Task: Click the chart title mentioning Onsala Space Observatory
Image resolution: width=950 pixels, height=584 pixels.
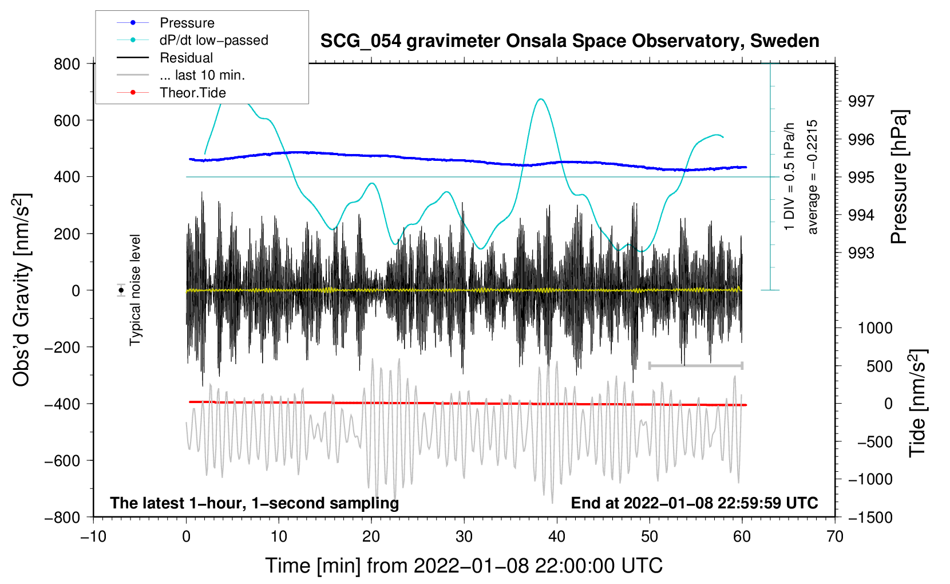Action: [x=569, y=41]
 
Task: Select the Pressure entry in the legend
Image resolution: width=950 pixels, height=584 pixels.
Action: [x=187, y=23]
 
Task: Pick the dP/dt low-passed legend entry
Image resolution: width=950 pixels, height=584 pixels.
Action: [x=213, y=40]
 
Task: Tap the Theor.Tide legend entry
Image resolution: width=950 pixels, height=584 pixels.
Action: [x=192, y=93]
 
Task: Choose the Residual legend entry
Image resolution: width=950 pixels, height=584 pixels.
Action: [x=186, y=58]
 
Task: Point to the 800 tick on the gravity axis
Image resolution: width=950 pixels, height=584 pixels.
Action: [x=67, y=64]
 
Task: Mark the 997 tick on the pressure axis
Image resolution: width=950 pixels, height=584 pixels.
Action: [x=861, y=101]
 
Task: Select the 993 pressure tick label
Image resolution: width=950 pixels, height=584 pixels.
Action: [x=861, y=252]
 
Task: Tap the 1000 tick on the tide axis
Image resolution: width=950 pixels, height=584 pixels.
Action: [x=875, y=328]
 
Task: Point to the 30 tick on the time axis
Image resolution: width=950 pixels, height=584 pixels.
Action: [x=464, y=536]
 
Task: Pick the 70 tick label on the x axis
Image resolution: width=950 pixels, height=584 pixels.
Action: [x=835, y=536]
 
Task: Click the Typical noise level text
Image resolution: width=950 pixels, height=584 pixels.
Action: [x=135, y=290]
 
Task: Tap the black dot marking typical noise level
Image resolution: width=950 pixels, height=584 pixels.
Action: [x=121, y=290]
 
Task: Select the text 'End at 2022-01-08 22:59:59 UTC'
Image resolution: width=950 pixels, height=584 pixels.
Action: [x=694, y=503]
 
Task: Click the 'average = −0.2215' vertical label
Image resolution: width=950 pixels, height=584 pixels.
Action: [x=813, y=177]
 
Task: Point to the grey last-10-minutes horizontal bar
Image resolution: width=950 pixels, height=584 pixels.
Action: [x=695, y=365]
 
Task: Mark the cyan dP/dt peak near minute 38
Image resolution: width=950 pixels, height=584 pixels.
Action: [x=541, y=99]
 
